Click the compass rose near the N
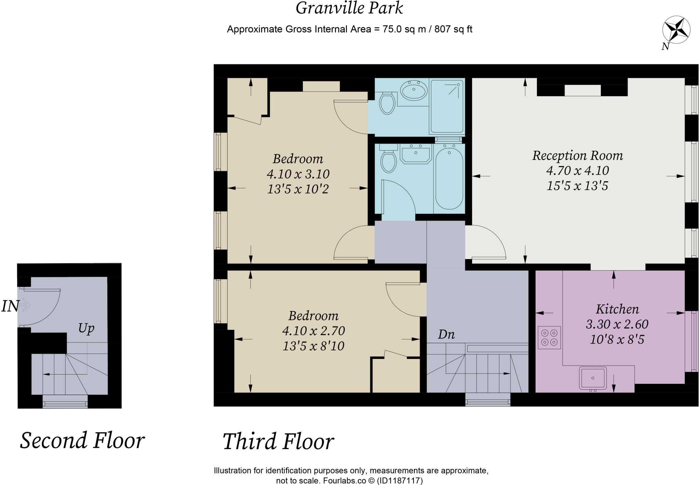676,30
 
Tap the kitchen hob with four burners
549,337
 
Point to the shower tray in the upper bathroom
447,106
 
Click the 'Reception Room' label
577,156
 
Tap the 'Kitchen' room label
617,309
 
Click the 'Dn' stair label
446,334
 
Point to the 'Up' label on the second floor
86,329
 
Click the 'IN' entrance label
10,306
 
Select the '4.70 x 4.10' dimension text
578,171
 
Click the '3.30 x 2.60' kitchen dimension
617,324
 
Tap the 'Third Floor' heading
278,441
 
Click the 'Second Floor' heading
82,440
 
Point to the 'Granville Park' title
349,8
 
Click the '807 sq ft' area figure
453,29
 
